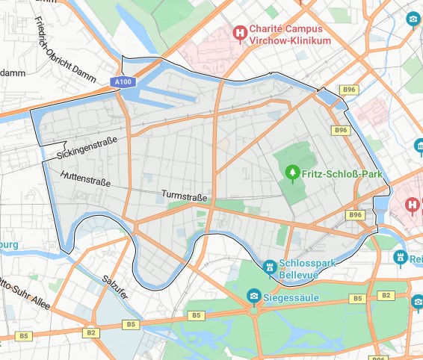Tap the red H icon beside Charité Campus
(240, 32)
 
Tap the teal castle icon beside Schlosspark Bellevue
(269, 266)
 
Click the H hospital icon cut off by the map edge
(413, 204)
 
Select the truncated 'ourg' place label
(9, 243)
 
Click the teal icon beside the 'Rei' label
(401, 258)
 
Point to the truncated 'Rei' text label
(416, 258)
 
